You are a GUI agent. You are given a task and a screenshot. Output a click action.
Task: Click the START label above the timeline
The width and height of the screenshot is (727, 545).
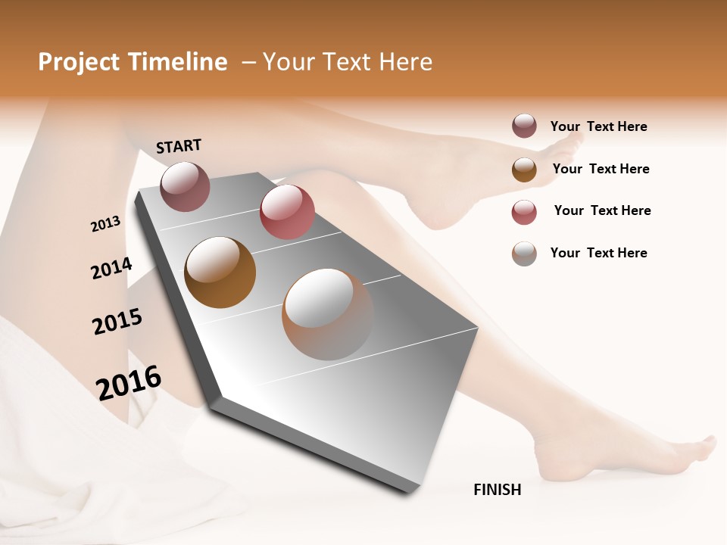click(x=179, y=146)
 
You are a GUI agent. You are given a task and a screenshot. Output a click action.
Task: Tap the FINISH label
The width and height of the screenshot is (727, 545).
click(x=497, y=490)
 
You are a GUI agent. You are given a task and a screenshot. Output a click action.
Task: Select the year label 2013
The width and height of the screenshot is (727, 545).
click(x=105, y=224)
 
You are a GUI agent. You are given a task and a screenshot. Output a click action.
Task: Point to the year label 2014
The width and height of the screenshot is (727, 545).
click(x=111, y=269)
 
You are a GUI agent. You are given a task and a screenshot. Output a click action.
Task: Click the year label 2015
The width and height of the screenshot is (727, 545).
click(x=117, y=322)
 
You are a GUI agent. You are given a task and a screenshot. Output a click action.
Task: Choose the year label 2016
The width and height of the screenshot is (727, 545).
click(x=129, y=382)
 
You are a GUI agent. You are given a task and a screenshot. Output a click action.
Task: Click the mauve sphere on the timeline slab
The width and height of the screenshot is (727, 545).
click(x=185, y=186)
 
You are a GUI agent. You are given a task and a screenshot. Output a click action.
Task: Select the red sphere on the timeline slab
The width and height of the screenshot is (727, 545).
click(x=287, y=212)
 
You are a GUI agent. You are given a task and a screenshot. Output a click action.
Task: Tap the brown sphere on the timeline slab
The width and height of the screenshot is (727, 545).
click(x=220, y=272)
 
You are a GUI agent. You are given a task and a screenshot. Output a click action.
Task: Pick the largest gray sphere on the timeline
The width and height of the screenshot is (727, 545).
click(x=328, y=314)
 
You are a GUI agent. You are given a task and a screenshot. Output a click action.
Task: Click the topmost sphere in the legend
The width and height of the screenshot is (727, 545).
click(x=524, y=126)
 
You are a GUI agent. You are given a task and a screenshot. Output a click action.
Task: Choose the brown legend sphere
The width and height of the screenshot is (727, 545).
click(x=524, y=170)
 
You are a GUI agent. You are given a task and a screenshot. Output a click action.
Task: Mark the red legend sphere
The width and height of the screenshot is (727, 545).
click(x=524, y=212)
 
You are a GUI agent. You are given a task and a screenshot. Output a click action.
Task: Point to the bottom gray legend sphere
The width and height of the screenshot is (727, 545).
click(x=524, y=254)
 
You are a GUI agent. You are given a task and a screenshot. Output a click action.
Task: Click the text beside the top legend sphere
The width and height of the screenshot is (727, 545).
click(x=598, y=126)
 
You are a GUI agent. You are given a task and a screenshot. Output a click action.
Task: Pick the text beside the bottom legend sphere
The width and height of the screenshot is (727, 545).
click(x=598, y=253)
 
